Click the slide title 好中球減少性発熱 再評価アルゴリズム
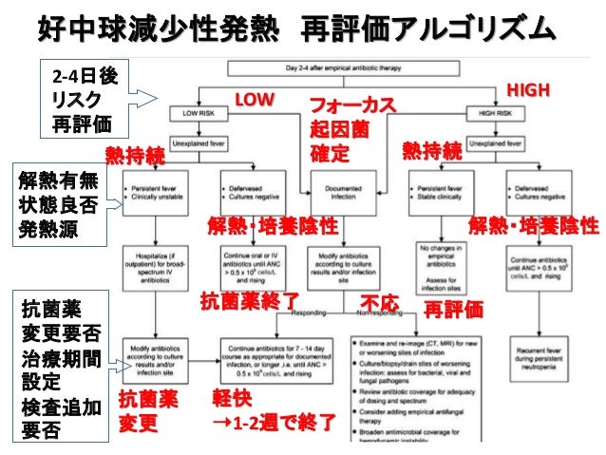point(295,29)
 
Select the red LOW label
point(255,99)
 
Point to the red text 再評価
point(453,309)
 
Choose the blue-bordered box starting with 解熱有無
point(50,204)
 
